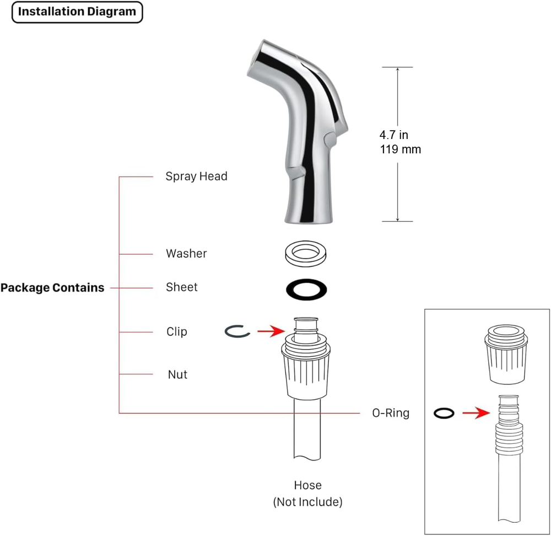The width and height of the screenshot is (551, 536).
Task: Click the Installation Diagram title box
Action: coord(77,12)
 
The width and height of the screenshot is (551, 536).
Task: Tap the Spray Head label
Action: coord(196,176)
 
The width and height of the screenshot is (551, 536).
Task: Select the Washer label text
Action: coord(186,254)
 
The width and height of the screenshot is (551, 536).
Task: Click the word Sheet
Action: coord(181,287)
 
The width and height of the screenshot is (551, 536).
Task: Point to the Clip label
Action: coord(177,331)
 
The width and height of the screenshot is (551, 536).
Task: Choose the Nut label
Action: coord(177,374)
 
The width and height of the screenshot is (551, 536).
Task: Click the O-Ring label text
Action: coord(391,412)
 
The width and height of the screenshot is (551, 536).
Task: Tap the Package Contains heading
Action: coord(52,287)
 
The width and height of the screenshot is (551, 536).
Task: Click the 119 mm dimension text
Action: coord(400,149)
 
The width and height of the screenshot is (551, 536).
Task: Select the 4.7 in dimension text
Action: coord(393,135)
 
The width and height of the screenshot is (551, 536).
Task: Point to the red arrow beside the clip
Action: coord(270,331)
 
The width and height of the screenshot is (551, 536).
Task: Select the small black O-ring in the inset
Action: coord(444,413)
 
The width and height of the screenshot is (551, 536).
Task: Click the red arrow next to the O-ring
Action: coord(476,413)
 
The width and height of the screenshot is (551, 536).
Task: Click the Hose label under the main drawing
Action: coord(307,485)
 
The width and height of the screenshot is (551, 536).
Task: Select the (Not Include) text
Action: coord(307,502)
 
